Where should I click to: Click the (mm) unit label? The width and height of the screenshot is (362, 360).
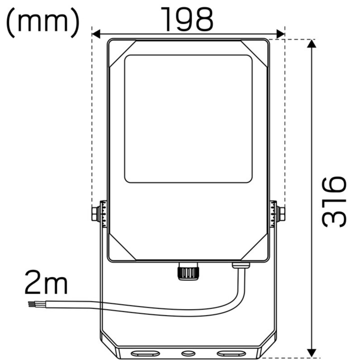coord(43,22)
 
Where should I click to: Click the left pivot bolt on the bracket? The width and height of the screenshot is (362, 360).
coord(96,214)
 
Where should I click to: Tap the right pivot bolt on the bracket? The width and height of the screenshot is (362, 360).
coord(280,214)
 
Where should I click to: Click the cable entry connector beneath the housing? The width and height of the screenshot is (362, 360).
coord(241,264)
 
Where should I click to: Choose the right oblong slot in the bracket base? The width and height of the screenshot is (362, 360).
coord(229,353)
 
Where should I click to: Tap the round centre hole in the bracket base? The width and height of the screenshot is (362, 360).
coord(188,353)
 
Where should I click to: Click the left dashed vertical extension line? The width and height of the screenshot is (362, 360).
coord(92,120)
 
